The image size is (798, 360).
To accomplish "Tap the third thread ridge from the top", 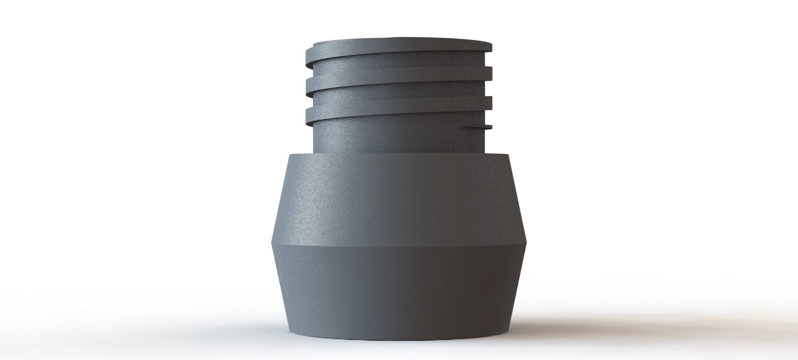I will (x=399, y=102).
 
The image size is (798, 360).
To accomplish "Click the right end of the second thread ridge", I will (x=491, y=73).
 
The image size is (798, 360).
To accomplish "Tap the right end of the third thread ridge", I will (x=491, y=102).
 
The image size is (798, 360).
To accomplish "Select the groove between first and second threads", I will (x=399, y=60).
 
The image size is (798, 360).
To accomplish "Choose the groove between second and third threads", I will (x=399, y=89).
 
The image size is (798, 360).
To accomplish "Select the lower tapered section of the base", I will (x=399, y=291).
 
